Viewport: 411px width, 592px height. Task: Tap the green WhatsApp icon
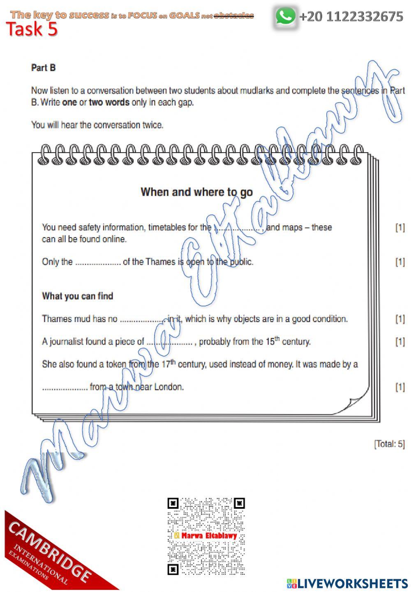tap(285, 16)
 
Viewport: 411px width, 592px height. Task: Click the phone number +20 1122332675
tap(351, 17)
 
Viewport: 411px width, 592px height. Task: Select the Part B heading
tap(43, 68)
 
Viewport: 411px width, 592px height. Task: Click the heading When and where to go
tap(196, 192)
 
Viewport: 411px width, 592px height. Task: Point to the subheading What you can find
tap(77, 296)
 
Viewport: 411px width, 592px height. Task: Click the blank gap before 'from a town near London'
tap(65, 387)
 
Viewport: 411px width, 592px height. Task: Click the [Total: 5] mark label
tap(389, 444)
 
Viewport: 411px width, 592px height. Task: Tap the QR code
tap(206, 536)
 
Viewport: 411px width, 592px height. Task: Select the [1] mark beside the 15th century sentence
tap(399, 341)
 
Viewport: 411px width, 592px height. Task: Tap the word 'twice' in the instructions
tap(152, 125)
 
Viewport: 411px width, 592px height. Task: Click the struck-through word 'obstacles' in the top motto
tap(233, 16)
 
